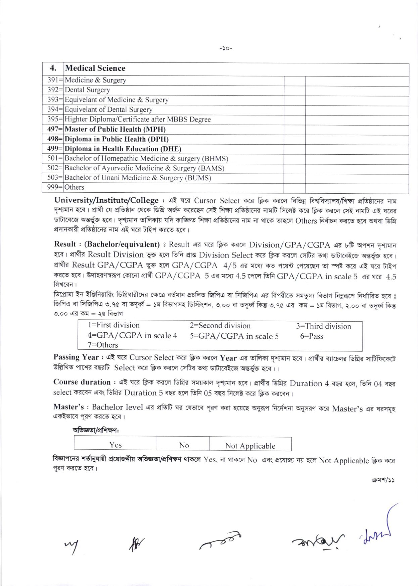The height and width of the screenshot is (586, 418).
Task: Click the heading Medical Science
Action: coord(95,68)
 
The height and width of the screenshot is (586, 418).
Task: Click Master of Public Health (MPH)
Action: coord(115,129)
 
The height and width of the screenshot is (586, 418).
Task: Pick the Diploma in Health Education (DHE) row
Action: coord(123,149)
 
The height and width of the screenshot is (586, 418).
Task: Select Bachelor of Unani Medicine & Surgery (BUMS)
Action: coord(138,178)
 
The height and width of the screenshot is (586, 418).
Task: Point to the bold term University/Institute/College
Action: coord(106,201)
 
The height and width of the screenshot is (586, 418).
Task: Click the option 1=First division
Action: coord(114,325)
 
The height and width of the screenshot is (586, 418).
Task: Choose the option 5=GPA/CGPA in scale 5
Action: coord(234,336)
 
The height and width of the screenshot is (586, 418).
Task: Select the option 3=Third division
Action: coord(323,326)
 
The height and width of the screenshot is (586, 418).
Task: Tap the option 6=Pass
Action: coord(312,336)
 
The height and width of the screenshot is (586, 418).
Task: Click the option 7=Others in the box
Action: coord(103,345)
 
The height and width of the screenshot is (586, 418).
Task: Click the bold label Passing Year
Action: coord(76,357)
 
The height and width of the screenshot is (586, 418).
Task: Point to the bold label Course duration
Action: coord(82,382)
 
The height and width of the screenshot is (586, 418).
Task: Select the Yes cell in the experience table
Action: coord(115,445)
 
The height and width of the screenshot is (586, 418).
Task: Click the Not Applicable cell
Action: coord(250,446)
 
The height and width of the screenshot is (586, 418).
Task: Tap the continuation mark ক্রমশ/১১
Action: coord(383,480)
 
